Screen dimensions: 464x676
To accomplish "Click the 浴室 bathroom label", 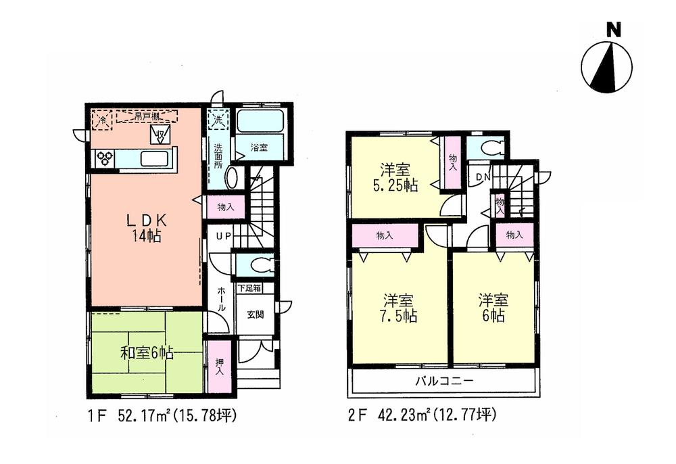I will point(260,147).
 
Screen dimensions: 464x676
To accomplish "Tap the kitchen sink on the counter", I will point(154,160).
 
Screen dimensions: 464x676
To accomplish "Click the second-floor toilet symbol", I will point(486,148).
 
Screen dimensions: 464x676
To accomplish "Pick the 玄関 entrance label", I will point(255,314).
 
